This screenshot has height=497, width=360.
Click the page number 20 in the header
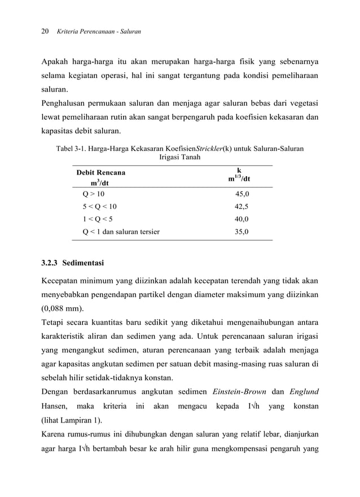click(x=46, y=32)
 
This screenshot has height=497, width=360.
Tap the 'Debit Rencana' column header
click(x=101, y=172)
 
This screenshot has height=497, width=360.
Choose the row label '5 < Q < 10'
click(x=100, y=207)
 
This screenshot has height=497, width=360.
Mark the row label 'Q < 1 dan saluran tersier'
click(x=121, y=232)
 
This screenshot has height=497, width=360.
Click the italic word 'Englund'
click(x=304, y=391)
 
